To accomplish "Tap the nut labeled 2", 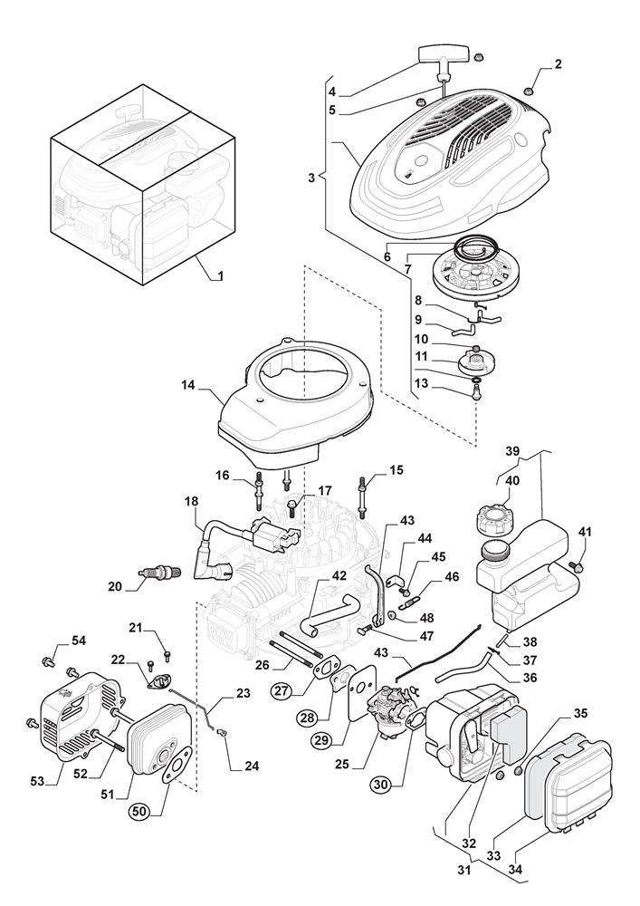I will click(528, 89).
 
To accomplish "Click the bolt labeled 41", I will click(576, 565).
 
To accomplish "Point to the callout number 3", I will click(310, 178).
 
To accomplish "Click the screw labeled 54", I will click(46, 664).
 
